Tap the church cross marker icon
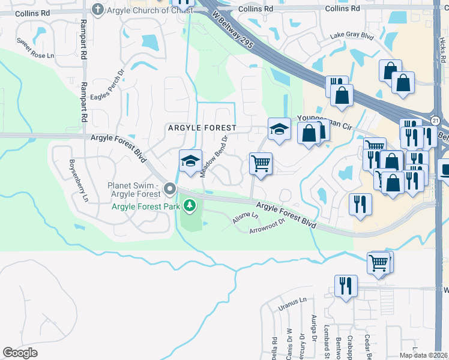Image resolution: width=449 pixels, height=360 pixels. coord(98,8)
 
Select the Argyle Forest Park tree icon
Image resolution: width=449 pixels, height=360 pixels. coord(190,206)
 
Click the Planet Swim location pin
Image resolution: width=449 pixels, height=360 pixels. coord(170,190)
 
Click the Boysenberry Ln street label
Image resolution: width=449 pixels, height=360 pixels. coord(79,180)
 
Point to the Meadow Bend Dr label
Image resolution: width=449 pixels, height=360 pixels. coord(214,155)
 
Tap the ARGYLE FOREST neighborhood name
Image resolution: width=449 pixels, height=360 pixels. coord(202,128)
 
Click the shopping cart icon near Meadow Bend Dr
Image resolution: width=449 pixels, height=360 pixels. coord(261,163)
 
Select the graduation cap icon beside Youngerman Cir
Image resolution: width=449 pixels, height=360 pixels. coord(279,128)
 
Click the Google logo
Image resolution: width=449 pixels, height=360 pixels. coord(20,353)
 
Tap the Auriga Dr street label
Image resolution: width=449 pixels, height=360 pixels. coord(313,328)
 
